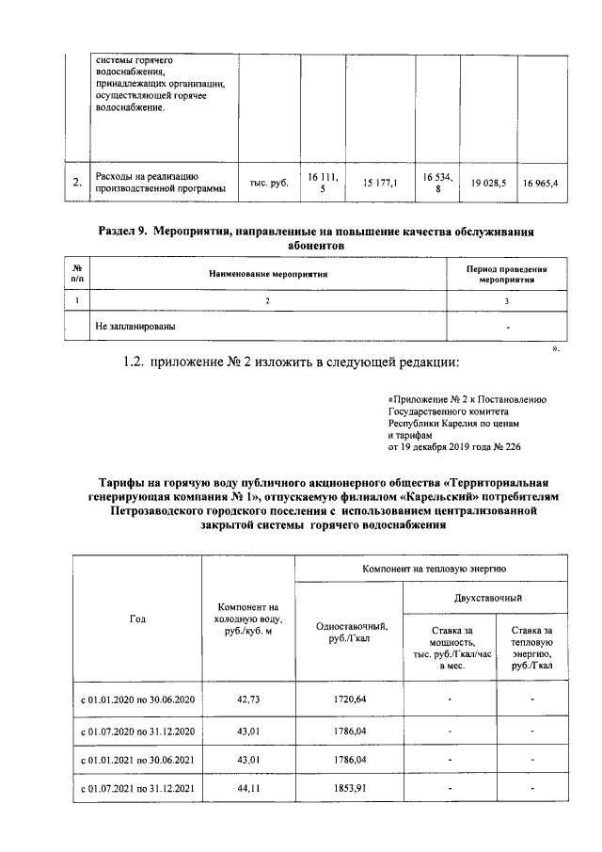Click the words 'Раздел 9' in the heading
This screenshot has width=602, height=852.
[x=122, y=231]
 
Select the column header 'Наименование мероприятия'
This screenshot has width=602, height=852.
[x=267, y=274]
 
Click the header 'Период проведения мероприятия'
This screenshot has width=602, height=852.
[x=507, y=274]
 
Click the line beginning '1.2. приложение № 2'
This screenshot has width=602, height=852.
[x=292, y=362]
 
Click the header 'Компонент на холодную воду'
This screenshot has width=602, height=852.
[x=249, y=619]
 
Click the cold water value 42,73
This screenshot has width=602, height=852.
[x=249, y=699]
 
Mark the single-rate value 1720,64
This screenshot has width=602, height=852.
[x=349, y=699]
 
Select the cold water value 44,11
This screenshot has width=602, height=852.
[x=249, y=788]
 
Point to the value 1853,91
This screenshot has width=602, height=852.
[x=349, y=788]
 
